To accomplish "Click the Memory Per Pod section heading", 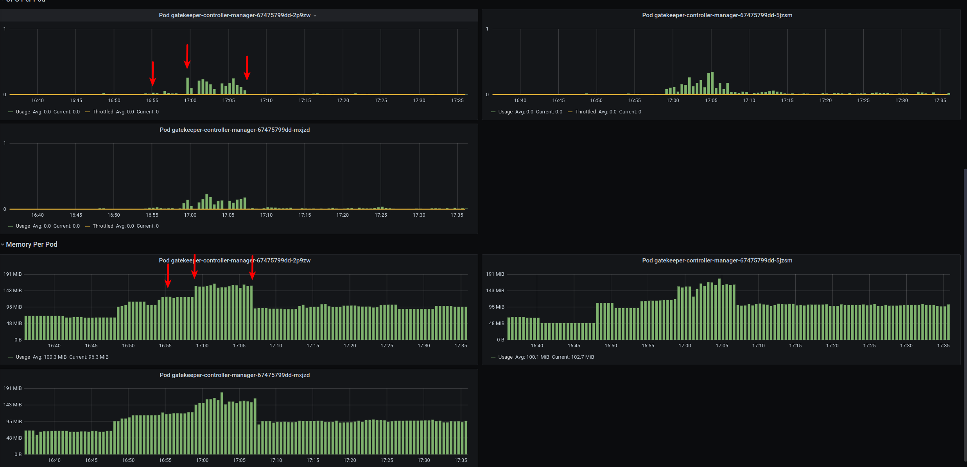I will tap(31, 244).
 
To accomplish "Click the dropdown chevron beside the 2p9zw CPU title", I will tap(315, 16).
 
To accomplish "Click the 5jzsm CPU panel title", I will tap(717, 15).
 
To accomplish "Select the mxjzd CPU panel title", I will tap(235, 130).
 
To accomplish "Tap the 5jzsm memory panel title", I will tap(717, 260).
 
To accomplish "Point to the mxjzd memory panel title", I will tap(235, 375).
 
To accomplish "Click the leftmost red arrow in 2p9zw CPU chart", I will tap(152, 74).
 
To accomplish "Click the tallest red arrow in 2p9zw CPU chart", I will tap(187, 57).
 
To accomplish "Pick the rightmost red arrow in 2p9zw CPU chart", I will tap(247, 68).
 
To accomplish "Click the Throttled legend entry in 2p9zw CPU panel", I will tap(103, 112).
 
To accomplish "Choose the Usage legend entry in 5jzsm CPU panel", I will tap(505, 112).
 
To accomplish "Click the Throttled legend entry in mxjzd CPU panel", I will tap(103, 226).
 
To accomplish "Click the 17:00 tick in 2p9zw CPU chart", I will tap(190, 101).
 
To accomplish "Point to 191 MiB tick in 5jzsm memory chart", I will tap(495, 274).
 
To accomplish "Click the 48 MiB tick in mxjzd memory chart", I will tap(14, 438).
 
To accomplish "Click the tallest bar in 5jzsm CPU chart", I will tap(712, 83).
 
